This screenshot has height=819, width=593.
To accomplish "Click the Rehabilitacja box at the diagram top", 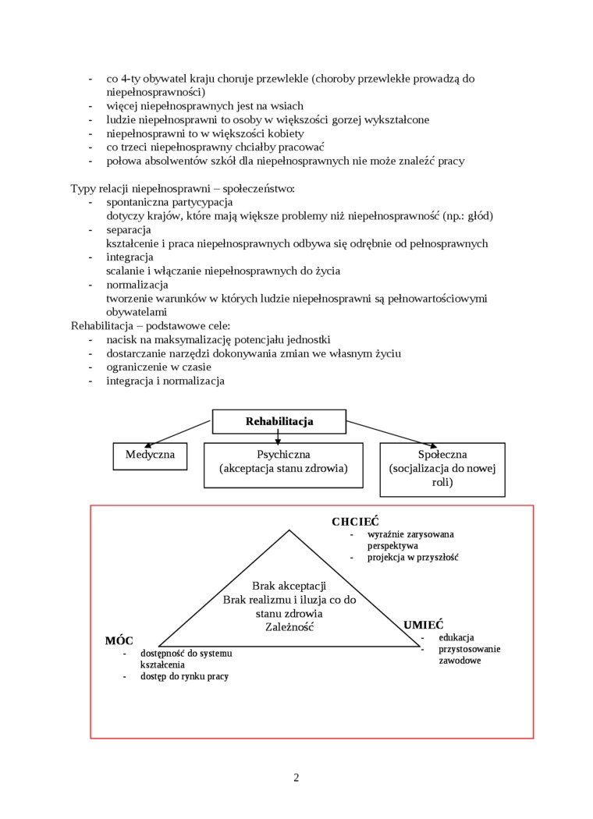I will tap(279, 421).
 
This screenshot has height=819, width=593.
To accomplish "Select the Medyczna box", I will tap(150, 455).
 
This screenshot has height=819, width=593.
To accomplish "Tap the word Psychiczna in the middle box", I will tap(283, 454).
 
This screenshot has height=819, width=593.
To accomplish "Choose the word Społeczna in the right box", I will tap(442, 454).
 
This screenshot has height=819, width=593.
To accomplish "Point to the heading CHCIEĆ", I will tap(355, 522).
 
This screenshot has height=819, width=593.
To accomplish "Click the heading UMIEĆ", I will tap(423, 625).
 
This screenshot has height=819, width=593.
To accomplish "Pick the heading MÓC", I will tap(119, 640).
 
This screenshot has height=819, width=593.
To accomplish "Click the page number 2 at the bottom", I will tap(296, 777).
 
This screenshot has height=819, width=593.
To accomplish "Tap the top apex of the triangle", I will tap(289, 531).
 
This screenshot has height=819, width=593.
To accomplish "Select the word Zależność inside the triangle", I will tap(289, 626).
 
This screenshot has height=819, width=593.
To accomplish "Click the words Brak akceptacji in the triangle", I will tap(289, 586).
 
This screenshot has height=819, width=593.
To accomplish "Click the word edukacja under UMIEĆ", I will tap(456, 637).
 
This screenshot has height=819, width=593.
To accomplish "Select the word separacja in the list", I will tap(129, 229).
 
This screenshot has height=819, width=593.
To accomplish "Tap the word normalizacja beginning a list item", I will tap(137, 285).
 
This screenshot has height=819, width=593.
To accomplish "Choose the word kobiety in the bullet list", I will tap(286, 133).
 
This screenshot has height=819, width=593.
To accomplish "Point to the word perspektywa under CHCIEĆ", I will tap(393, 546).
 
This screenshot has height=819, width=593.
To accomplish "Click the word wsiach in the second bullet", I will tap(284, 105).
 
